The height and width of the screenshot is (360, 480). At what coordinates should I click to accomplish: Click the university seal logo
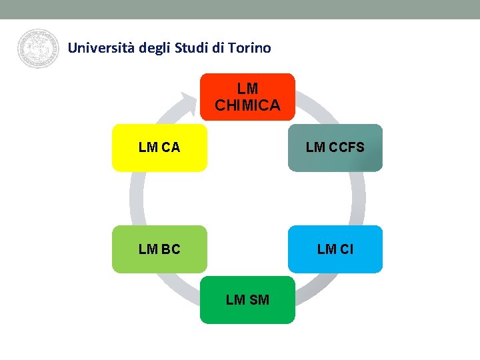pos(39,49)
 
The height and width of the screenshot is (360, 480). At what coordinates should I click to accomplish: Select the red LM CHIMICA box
pos(247,97)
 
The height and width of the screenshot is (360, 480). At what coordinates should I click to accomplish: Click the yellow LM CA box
pos(159,148)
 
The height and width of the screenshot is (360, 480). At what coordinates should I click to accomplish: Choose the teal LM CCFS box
pos(335,148)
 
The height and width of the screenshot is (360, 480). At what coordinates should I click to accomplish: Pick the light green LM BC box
pos(159,249)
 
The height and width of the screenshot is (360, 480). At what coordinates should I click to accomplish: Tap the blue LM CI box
pos(335,249)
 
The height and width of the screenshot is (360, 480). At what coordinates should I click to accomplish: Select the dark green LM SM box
pos(247,300)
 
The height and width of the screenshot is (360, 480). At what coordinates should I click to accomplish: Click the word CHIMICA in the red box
pos(247,105)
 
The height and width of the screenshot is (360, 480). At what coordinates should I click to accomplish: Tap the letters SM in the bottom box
pos(259,300)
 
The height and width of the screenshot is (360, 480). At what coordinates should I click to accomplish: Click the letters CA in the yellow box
pos(170,147)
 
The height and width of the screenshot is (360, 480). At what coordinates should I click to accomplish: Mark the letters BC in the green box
pos(170,249)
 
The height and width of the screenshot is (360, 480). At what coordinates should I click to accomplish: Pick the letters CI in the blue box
pos(345,249)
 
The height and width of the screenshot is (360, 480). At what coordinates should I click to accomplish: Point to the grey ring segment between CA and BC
pos(137,199)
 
